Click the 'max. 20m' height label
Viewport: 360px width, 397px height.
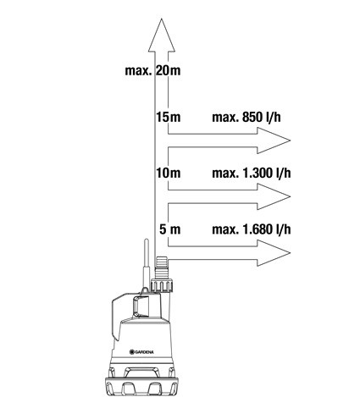[x=152, y=70]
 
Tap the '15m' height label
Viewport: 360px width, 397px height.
[x=169, y=117]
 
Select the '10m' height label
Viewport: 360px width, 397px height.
[x=169, y=173]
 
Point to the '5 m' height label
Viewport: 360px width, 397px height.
[x=169, y=229]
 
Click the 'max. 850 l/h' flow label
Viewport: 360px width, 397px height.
[x=246, y=117]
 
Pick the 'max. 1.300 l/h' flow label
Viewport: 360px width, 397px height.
[x=252, y=173]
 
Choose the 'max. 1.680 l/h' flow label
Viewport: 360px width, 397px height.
[x=252, y=229]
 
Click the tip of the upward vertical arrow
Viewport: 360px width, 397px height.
[x=162, y=19]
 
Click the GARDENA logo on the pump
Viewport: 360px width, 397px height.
[x=141, y=352]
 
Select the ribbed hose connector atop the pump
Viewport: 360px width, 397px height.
[x=162, y=267]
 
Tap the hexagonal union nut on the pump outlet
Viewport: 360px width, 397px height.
[x=162, y=285]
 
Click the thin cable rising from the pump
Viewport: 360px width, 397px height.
[x=146, y=263]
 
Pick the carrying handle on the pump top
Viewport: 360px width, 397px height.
[x=141, y=306]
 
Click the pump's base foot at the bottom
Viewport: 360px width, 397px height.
[x=141, y=386]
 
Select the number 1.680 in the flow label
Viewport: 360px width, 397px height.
[x=257, y=229]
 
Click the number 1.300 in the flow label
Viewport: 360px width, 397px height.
[x=257, y=173]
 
